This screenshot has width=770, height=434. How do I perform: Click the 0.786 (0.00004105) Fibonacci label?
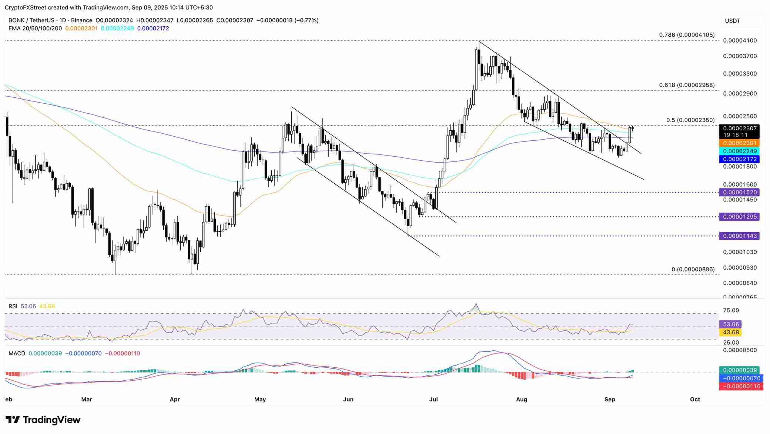pos(687,35)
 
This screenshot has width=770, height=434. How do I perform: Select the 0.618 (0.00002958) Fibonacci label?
pos(687,85)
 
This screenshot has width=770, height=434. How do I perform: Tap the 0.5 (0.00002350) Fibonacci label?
pos(690,120)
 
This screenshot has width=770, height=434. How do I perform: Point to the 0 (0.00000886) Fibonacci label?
pos(693,269)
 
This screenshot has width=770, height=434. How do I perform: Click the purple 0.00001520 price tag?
pos(739,192)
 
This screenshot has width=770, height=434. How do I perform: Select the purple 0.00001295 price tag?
pos(739,217)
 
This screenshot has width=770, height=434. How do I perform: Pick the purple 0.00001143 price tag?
pos(739,236)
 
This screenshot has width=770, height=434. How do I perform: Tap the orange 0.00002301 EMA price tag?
pos(739,143)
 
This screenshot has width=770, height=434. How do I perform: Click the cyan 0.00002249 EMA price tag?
pos(739,151)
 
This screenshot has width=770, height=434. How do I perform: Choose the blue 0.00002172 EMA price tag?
pos(739,159)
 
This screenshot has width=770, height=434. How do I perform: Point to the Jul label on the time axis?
pos(433,400)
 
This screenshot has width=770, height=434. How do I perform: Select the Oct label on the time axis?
pos(695,400)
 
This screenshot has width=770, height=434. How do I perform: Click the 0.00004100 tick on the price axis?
pos(740,40)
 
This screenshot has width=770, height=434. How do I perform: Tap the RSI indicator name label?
pos(13,306)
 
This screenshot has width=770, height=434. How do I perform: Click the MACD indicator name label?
pos(17,354)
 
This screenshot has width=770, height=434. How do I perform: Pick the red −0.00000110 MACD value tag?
pos(739,386)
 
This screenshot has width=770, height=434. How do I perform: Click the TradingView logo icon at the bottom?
pos(13,420)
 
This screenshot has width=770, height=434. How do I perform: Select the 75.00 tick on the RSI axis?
pos(731,310)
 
